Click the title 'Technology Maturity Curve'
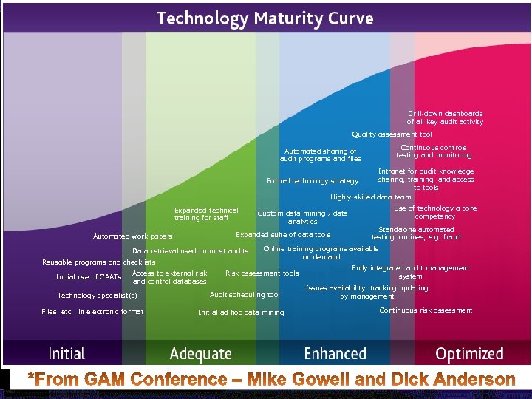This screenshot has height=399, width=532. (x=265, y=18)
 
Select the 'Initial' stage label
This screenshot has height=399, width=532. (x=66, y=354)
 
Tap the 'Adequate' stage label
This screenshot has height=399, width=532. (x=200, y=355)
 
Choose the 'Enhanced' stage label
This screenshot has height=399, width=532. (x=335, y=354)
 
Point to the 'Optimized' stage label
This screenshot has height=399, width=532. (x=469, y=355)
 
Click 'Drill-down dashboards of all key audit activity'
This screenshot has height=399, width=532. (x=445, y=118)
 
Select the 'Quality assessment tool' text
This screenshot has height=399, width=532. (x=392, y=134)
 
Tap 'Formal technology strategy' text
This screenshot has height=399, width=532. (x=313, y=181)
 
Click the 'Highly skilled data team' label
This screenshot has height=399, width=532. (x=371, y=197)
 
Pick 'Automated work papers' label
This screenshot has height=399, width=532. (x=132, y=236)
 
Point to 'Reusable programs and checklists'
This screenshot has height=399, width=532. (x=98, y=262)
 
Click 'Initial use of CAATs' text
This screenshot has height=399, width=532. (x=89, y=277)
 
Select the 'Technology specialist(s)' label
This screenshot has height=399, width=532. (x=97, y=296)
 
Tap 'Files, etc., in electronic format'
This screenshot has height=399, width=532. (x=92, y=311)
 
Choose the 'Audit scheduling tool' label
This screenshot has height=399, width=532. (x=245, y=295)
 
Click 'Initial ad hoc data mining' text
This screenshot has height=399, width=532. (x=241, y=313)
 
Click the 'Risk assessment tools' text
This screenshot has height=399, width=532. (x=262, y=273)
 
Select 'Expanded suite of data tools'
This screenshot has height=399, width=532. (x=283, y=235)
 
